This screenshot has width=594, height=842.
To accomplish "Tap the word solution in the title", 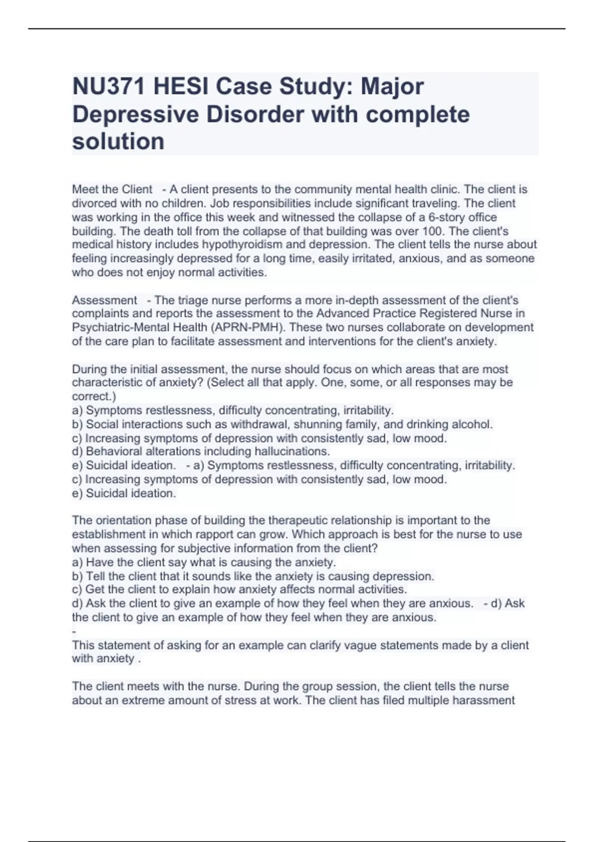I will (x=118, y=142).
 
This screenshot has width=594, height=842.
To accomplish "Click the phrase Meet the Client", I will (x=112, y=190).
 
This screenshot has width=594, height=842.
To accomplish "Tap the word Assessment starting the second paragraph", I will (x=104, y=300).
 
